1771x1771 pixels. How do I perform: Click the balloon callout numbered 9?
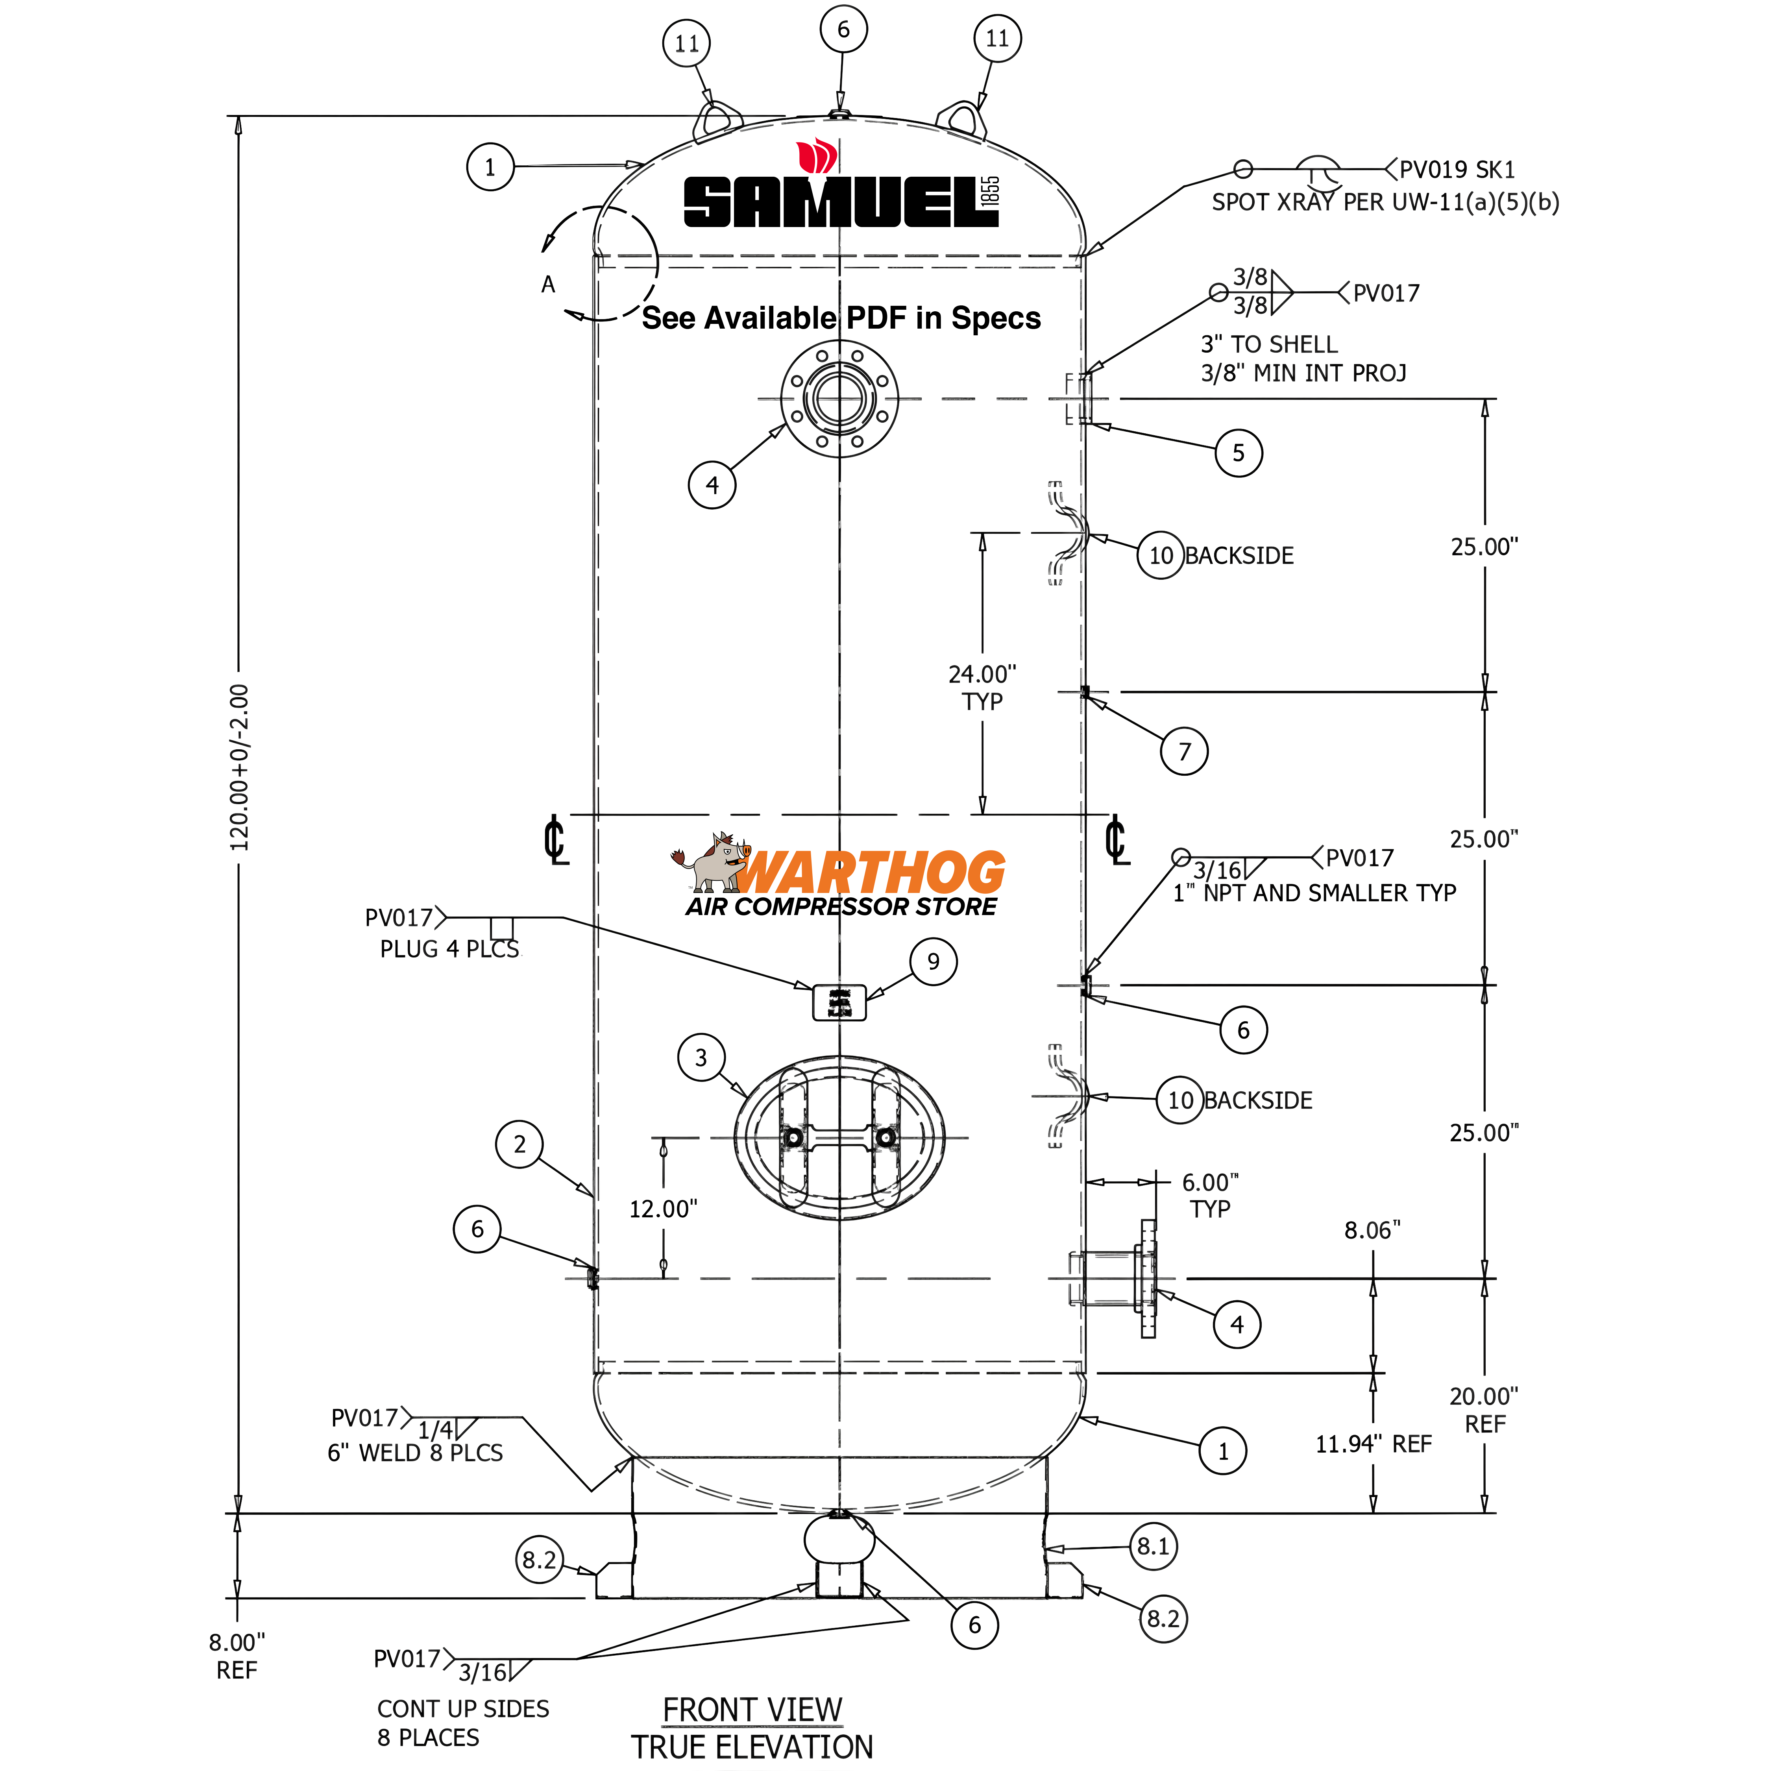coord(933,961)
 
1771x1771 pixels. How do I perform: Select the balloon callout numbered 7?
coord(1184,752)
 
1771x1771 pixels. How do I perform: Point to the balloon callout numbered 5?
coord(1239,453)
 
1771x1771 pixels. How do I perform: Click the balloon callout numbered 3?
coord(701,1058)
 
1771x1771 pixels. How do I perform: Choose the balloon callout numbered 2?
coord(520,1144)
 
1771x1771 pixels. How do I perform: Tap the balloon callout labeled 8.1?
coord(1153,1546)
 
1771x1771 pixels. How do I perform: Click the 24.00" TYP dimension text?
coord(982,688)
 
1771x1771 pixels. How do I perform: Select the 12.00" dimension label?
coord(663,1209)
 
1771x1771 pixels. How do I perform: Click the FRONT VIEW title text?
coord(752,1710)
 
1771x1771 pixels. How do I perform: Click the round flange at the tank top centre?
coord(840,399)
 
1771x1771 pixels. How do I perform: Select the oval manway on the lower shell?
coord(840,1138)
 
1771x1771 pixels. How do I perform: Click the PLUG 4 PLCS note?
coord(449,949)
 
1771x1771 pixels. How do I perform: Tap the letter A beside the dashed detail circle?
coord(548,284)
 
